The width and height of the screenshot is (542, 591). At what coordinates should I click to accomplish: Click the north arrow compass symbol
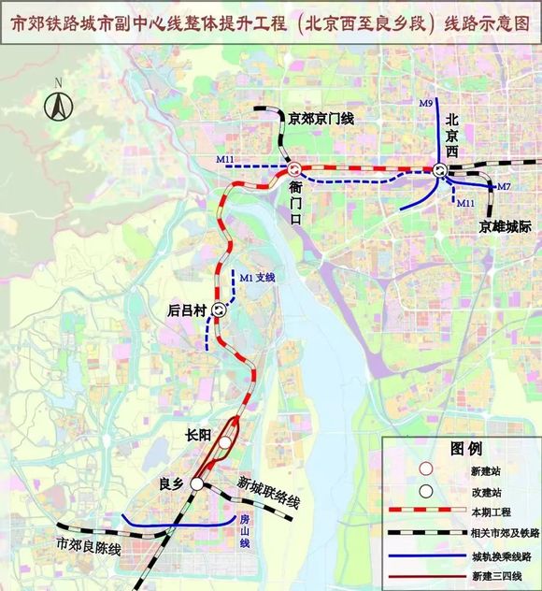pyautogui.click(x=58, y=104)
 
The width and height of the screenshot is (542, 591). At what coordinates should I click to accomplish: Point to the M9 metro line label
pyautogui.click(x=426, y=103)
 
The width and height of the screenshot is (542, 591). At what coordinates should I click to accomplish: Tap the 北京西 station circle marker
pyautogui.click(x=439, y=169)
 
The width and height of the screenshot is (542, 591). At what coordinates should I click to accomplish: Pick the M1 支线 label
pyautogui.click(x=259, y=278)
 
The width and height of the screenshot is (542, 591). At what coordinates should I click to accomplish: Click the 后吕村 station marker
pyautogui.click(x=220, y=310)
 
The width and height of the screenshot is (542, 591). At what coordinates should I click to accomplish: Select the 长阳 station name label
pyautogui.click(x=199, y=433)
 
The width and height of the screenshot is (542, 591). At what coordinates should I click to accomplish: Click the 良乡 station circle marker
pyautogui.click(x=197, y=483)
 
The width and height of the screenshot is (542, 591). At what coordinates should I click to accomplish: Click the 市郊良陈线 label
pyautogui.click(x=89, y=544)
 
